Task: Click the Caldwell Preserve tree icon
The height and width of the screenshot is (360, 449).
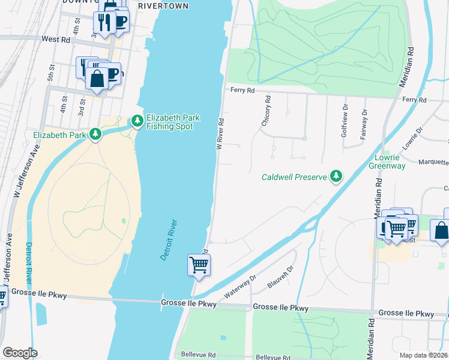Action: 337,176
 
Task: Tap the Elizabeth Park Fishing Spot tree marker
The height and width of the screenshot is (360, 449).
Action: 137,122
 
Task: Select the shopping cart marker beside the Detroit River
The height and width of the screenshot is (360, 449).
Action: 199,265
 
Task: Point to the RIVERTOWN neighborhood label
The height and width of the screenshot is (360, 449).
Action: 163,6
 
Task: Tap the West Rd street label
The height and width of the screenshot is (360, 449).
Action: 56,39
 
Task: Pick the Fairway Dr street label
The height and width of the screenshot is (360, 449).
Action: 364,125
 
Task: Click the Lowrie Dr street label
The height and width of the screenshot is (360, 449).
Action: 413,138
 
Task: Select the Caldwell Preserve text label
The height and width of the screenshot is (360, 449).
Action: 294,177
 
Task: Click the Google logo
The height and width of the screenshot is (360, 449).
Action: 20,353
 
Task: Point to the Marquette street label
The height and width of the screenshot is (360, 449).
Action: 433,161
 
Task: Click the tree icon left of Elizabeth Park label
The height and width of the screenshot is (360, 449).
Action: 95,135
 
